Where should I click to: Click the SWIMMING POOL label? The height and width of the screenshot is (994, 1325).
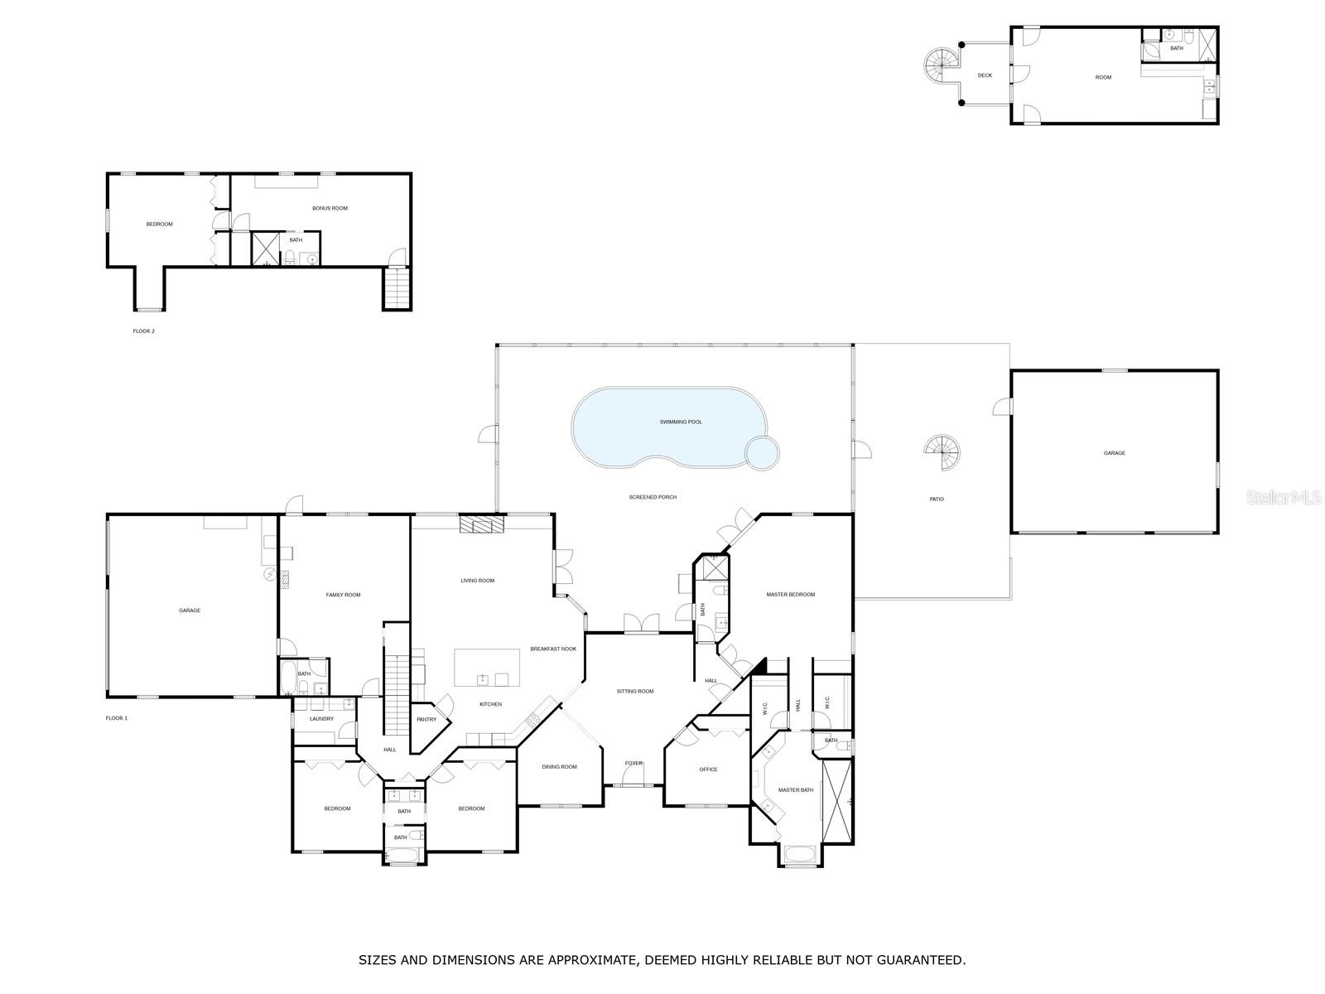click(x=681, y=422)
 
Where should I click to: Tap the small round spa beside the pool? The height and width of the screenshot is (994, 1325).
click(x=762, y=452)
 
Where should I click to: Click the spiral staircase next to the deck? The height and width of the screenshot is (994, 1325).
click(x=942, y=65)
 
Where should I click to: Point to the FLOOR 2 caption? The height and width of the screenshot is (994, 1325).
click(x=143, y=331)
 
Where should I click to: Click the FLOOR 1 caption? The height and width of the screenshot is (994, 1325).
click(x=117, y=718)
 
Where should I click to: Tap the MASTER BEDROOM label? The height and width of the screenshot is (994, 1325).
click(x=790, y=595)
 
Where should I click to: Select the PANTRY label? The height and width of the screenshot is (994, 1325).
click(x=426, y=720)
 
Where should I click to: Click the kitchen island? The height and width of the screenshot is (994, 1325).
click(x=487, y=668)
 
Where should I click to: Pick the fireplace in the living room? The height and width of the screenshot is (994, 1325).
click(x=482, y=524)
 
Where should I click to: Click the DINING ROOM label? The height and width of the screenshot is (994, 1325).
click(x=559, y=767)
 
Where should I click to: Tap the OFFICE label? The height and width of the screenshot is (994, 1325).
click(x=708, y=770)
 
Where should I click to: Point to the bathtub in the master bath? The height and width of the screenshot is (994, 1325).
click(x=800, y=855)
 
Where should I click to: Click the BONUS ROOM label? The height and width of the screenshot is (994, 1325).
click(x=330, y=208)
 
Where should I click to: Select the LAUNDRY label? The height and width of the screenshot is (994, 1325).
click(x=321, y=719)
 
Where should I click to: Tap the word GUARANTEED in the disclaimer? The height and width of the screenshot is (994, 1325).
click(x=924, y=960)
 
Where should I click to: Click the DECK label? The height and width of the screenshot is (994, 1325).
click(x=985, y=75)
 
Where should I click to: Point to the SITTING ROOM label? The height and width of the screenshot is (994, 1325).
click(x=635, y=691)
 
